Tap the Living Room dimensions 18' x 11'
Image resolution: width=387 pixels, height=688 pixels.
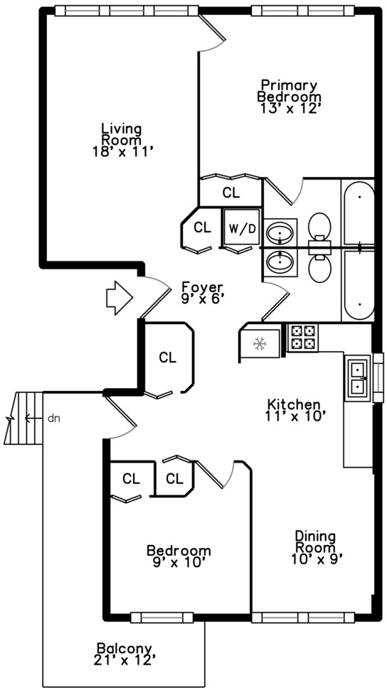pyautogui.click(x=122, y=152)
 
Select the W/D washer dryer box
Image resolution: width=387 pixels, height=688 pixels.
pyautogui.click(x=242, y=228)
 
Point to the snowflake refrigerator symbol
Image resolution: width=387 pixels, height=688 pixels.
pyautogui.click(x=260, y=343)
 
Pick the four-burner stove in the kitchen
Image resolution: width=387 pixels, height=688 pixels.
pyautogui.click(x=302, y=338)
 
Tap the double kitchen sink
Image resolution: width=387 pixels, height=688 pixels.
pyautogui.click(x=358, y=378)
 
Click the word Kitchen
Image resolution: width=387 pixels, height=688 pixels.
pyautogui.click(x=293, y=404)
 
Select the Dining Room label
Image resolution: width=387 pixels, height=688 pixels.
pyautogui.click(x=315, y=542)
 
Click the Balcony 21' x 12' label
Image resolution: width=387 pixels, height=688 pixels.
pyautogui.click(x=124, y=654)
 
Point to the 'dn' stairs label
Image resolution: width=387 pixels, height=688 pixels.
pyautogui.click(x=53, y=419)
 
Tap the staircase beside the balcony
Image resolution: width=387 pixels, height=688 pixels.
pyautogui.click(x=23, y=418)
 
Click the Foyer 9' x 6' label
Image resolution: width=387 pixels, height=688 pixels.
pyautogui.click(x=202, y=293)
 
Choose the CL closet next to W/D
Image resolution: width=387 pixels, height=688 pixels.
pyautogui.click(x=203, y=227)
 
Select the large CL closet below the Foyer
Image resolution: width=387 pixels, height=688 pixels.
pyautogui.click(x=167, y=358)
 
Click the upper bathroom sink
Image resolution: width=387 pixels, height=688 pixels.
pyautogui.click(x=280, y=232)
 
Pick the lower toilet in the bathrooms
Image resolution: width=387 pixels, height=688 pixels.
pyautogui.click(x=319, y=268)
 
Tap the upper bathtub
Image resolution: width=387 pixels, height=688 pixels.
pyautogui.click(x=359, y=213)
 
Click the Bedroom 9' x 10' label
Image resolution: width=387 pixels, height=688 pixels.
pyautogui.click(x=179, y=556)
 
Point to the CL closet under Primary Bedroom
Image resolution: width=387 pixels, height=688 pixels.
pyautogui.click(x=231, y=193)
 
